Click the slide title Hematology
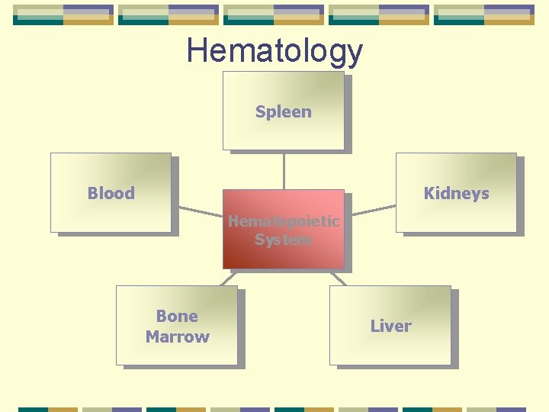click(x=274, y=51)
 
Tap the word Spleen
click(x=283, y=111)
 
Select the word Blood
click(x=111, y=193)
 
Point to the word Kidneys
click(x=456, y=193)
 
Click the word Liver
click(x=390, y=326)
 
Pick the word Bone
click(x=177, y=316)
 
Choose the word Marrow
click(x=177, y=336)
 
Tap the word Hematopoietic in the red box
click(x=283, y=221)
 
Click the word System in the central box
click(x=283, y=240)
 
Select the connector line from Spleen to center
click(x=284, y=169)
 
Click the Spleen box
click(x=283, y=134)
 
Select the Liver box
click(x=390, y=347)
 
